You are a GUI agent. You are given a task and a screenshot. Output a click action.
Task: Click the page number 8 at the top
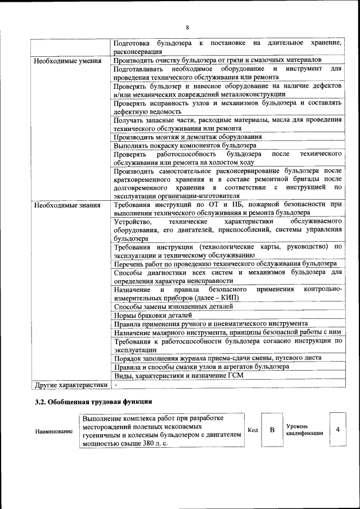pos(187,28)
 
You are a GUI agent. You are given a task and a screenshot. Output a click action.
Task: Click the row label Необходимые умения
pos(67,61)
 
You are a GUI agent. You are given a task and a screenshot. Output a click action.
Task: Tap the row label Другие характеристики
pos(70,385)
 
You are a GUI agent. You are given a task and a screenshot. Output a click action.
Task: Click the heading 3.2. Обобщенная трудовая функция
pos(93,402)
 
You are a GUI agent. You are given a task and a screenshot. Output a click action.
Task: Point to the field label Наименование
pos(53,431)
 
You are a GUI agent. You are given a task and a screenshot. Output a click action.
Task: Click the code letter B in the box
pos(272,430)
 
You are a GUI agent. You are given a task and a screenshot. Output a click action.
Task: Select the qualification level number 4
pos(337,430)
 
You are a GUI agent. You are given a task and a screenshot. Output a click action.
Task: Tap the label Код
pos(253,430)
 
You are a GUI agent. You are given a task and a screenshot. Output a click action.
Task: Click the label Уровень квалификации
pos(304,430)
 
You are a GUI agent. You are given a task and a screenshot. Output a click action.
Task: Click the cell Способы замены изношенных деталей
pos(173,307)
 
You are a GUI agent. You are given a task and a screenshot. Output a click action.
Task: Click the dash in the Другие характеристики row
pos(115,385)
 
